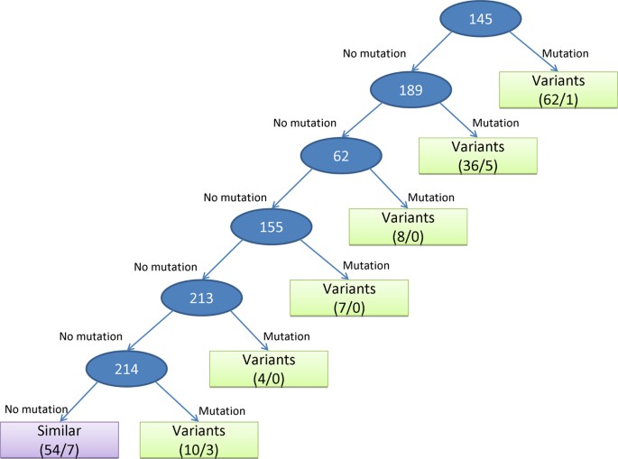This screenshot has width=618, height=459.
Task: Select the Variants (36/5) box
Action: tap(478, 157)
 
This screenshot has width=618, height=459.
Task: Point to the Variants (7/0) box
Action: tap(348, 298)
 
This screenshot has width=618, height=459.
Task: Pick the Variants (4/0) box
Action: tap(269, 368)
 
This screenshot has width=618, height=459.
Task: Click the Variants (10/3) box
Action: tap(196, 438)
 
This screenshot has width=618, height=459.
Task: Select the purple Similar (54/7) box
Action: tap(60, 438)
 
